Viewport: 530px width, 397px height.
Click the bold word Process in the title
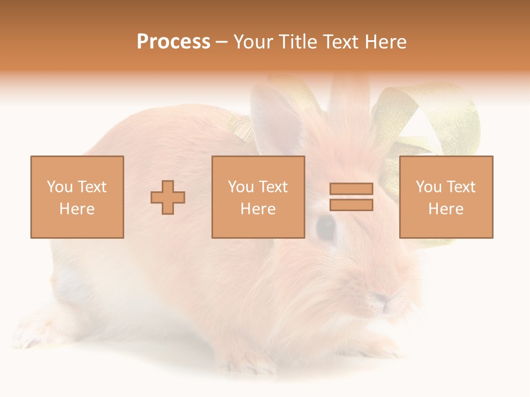click(173, 42)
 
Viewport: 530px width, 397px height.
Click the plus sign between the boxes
click(168, 197)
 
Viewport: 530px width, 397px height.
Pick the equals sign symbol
click(351, 197)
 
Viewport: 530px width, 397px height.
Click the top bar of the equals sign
click(351, 189)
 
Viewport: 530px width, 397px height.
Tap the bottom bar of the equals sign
click(351, 205)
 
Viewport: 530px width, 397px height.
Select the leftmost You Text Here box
click(77, 197)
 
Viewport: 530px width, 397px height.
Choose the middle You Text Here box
click(258, 197)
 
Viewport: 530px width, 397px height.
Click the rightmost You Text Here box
click(446, 197)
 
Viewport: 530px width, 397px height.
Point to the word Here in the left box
click(77, 209)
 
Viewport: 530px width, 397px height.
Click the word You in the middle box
click(241, 187)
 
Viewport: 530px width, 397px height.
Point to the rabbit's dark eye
click(326, 227)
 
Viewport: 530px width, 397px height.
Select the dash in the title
click(222, 42)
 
